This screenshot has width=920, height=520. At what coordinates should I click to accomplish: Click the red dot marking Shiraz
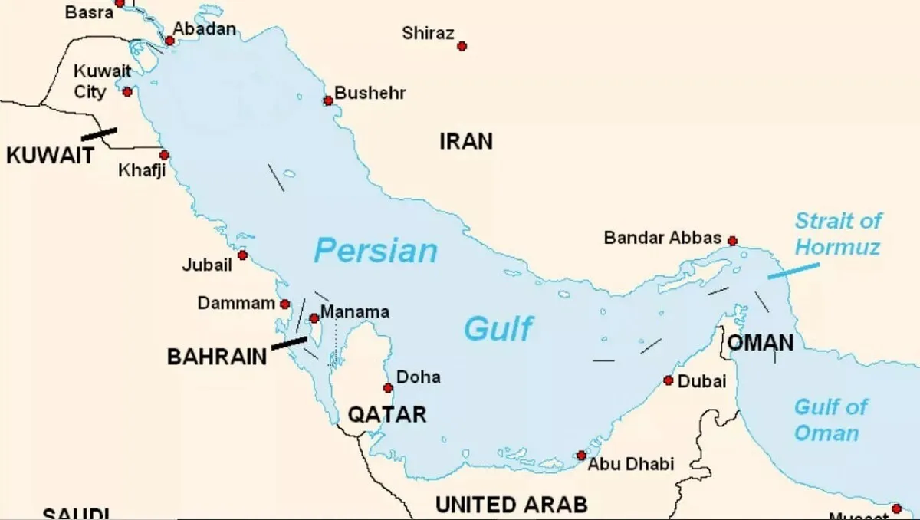[462, 46]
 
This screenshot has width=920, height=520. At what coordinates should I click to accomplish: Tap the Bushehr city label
[370, 94]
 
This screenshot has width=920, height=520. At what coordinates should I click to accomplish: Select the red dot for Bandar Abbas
[732, 241]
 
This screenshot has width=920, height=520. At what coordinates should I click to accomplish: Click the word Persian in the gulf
[376, 251]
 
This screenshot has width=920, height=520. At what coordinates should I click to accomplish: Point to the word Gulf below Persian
[498, 329]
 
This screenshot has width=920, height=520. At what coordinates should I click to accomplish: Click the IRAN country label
[465, 141]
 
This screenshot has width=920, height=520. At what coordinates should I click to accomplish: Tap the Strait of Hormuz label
[837, 234]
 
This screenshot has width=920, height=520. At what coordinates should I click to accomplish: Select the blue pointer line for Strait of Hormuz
[793, 271]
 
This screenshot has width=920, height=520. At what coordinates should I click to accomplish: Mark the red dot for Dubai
[668, 380]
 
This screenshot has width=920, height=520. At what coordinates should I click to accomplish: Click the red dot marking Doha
[389, 388]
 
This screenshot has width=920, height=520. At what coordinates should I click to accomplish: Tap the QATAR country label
[387, 415]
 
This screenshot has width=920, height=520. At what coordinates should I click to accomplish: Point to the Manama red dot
[314, 318]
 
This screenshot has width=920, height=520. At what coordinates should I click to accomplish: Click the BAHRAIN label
[217, 357]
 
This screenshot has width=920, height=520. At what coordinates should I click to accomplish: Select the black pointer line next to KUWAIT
[99, 133]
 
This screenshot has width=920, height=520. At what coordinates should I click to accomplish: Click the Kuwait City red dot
[127, 92]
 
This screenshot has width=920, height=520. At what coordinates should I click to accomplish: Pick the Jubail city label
[206, 265]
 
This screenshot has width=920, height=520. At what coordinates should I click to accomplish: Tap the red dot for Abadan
[170, 41]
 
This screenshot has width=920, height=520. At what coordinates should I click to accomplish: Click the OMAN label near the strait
[760, 343]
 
